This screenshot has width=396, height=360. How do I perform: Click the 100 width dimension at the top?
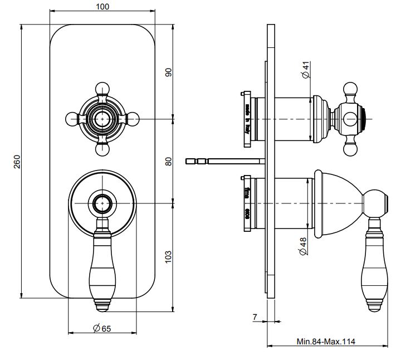click(102, 7)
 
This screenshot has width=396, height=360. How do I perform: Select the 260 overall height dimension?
click(17, 162)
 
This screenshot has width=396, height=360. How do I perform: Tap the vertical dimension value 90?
click(169, 72)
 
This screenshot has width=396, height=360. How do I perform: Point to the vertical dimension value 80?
click(169, 161)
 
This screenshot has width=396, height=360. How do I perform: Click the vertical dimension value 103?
click(169, 256)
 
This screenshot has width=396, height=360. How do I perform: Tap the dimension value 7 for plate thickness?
click(255, 317)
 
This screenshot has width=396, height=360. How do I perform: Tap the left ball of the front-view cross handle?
click(71, 119)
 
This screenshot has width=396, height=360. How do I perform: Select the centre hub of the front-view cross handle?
click(102, 119)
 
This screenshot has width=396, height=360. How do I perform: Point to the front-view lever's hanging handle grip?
click(102, 267)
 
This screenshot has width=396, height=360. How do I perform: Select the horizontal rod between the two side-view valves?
click(226, 161)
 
